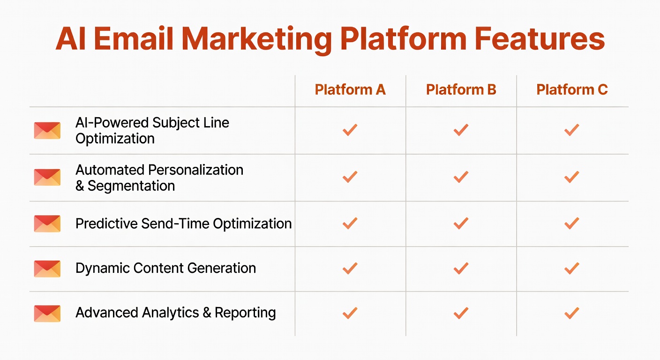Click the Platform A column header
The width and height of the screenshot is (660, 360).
click(x=350, y=90)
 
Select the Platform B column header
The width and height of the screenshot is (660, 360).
click(x=461, y=90)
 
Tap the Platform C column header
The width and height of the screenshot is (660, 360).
click(x=572, y=90)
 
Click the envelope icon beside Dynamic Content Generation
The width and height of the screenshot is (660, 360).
click(x=47, y=269)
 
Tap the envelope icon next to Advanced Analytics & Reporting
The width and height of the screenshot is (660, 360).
click(x=47, y=314)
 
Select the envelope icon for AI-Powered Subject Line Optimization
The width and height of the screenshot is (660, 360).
click(x=47, y=131)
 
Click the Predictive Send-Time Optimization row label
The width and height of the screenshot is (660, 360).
click(x=183, y=224)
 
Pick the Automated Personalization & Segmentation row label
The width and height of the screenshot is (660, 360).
click(x=159, y=178)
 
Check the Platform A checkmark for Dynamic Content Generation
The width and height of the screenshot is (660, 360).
click(x=350, y=268)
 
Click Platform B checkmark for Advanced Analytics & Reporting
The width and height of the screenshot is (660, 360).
click(x=461, y=313)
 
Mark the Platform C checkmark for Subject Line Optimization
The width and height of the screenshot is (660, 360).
click(x=571, y=130)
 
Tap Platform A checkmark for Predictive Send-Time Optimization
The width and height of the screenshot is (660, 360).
click(x=350, y=223)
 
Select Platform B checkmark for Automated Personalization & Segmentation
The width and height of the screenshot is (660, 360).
click(x=461, y=177)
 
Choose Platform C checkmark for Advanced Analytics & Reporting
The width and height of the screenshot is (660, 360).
click(x=571, y=313)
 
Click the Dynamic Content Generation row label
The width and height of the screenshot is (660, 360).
click(x=165, y=268)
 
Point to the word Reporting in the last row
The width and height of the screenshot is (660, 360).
click(x=245, y=313)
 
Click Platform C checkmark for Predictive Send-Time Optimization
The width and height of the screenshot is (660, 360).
click(x=571, y=223)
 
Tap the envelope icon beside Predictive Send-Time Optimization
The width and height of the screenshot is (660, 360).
click(x=47, y=224)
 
